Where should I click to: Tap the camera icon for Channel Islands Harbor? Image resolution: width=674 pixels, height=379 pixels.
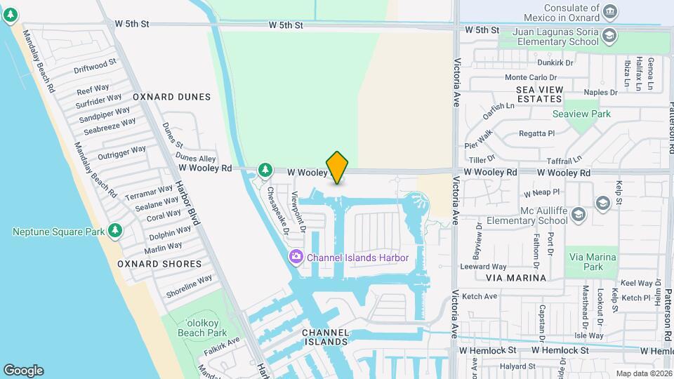pyautogui.click(x=296, y=258)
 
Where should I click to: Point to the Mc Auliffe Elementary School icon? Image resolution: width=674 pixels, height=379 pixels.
pyautogui.click(x=602, y=203)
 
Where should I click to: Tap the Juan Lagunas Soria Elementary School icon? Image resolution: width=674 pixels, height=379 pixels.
pyautogui.click(x=609, y=35)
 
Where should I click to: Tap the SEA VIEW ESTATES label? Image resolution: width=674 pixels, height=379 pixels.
pyautogui.click(x=549, y=94)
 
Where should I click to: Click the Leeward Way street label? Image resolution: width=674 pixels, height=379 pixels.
pyautogui.click(x=483, y=267)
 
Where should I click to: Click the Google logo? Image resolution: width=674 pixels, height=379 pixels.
pyautogui.click(x=23, y=371)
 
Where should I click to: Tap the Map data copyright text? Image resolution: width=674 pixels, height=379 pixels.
pyautogui.click(x=643, y=373)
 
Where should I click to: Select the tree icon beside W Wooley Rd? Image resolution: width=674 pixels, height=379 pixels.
pyautogui.click(x=265, y=169)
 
